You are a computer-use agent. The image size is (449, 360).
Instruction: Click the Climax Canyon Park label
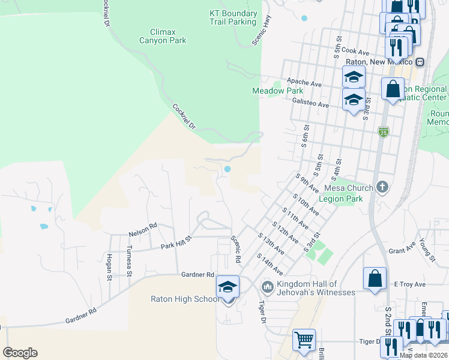(163, 36)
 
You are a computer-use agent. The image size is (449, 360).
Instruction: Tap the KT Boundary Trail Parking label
(233, 17)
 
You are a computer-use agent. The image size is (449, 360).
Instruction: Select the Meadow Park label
(269, 91)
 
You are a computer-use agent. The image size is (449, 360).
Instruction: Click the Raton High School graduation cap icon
(228, 287)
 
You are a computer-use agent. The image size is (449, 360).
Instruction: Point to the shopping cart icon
(304, 340)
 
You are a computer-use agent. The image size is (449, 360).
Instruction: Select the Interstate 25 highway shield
(383, 131)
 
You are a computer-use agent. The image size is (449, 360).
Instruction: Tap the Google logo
(20, 353)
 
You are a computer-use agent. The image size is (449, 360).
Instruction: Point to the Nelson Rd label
(142, 226)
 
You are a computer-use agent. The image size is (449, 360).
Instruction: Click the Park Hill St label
(176, 242)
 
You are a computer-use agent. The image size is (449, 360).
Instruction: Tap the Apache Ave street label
(305, 80)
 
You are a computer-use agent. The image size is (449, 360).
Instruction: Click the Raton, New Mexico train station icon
(420, 62)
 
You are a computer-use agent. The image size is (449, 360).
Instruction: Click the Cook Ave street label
(357, 52)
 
